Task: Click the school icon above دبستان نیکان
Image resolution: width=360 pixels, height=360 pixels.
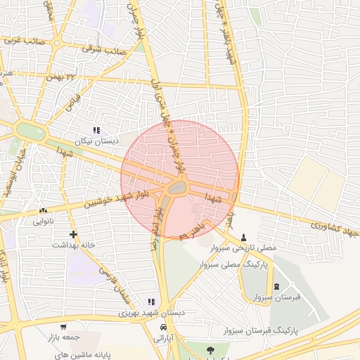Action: pyautogui.click(x=97, y=130)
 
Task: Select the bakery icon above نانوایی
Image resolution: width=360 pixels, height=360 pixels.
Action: pyautogui.click(x=44, y=210)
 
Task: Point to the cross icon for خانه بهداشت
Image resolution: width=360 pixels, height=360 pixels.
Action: pyautogui.click(x=73, y=234)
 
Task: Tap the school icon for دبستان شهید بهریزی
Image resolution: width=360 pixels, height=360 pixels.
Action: pyautogui.click(x=151, y=302)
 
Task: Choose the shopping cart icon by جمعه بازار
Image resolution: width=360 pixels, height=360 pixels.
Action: pyautogui.click(x=63, y=327)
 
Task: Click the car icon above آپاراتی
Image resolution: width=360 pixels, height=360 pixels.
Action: pyautogui.click(x=163, y=328)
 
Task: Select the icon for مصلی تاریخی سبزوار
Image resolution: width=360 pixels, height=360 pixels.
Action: pyautogui.click(x=244, y=237)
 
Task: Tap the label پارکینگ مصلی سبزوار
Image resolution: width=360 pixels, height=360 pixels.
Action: pyautogui.click(x=236, y=265)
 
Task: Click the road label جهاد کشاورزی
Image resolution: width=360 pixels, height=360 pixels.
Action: pyautogui.click(x=335, y=226)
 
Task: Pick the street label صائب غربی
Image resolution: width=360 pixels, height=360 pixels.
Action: pyautogui.click(x=24, y=39)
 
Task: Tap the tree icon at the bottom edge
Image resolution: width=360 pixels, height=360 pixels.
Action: pyautogui.click(x=209, y=349)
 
